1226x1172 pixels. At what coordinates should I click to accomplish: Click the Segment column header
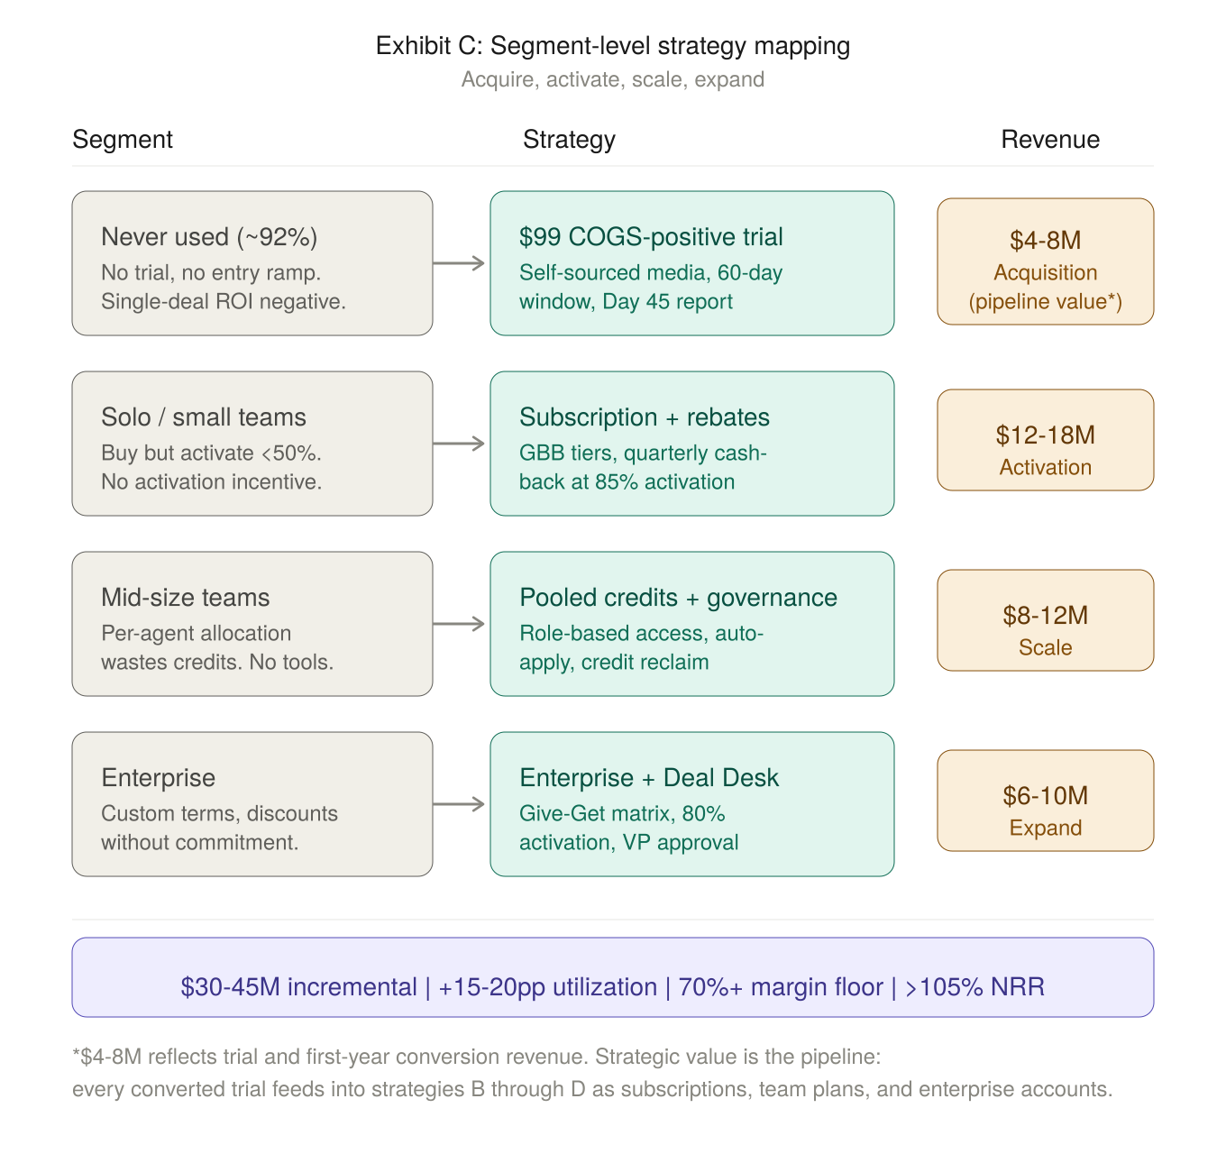click(123, 140)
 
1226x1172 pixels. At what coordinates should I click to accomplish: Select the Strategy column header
click(569, 140)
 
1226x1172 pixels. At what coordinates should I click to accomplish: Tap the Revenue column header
click(1050, 140)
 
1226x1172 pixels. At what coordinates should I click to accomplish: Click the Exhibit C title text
click(613, 46)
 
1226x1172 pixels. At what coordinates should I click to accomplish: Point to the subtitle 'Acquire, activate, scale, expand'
click(613, 79)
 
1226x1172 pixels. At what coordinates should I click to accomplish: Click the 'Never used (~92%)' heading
click(209, 237)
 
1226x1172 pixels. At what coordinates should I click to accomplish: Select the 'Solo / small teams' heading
click(204, 417)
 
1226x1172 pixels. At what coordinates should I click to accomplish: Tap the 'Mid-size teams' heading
click(186, 598)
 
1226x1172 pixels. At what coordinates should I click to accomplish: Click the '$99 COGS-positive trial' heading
click(651, 237)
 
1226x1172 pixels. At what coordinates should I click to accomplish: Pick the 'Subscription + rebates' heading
click(645, 417)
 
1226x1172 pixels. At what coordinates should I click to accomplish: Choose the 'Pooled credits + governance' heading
click(679, 598)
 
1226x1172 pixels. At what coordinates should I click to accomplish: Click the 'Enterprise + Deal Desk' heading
click(649, 778)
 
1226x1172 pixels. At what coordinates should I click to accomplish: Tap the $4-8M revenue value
click(1046, 241)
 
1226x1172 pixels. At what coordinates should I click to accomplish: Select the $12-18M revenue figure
click(1046, 435)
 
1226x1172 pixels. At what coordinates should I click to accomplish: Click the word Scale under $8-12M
click(1046, 647)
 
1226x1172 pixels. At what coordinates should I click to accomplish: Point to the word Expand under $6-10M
click(1046, 828)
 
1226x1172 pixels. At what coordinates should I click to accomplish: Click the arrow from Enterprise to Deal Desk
click(461, 804)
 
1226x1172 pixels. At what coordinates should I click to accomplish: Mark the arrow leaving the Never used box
click(461, 263)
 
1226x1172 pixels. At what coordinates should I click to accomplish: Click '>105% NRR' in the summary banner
click(975, 987)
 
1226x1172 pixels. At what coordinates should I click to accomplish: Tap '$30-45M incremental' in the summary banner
click(299, 987)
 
